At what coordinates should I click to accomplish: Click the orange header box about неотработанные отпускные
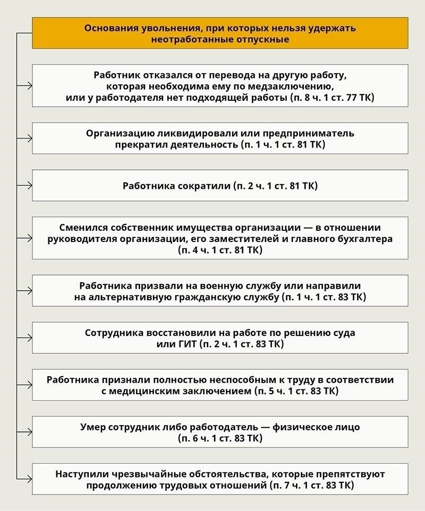(x=220, y=33)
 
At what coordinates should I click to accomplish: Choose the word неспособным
(x=230, y=380)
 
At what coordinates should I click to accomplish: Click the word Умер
(x=92, y=427)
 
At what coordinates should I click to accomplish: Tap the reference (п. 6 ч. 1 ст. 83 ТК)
(x=220, y=438)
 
